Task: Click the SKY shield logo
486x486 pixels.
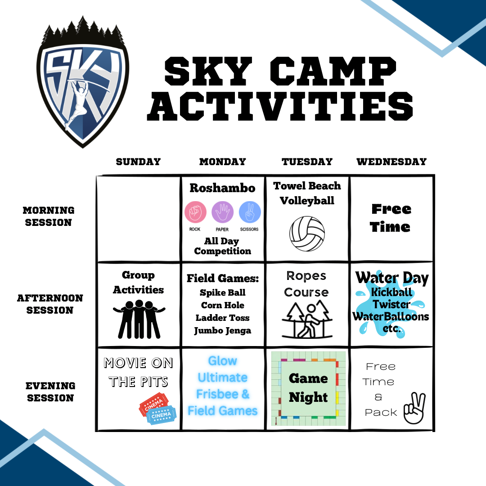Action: click(82, 82)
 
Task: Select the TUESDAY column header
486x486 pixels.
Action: click(307, 162)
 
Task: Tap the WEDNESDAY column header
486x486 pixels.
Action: click(391, 162)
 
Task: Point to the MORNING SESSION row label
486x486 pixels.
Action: click(49, 216)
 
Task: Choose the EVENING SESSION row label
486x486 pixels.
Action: click(50, 392)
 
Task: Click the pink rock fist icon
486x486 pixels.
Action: click(195, 212)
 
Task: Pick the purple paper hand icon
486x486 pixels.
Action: click(223, 212)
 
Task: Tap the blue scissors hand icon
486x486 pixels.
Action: click(250, 212)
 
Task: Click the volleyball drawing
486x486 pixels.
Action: click(307, 234)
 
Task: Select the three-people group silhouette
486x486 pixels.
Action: click(139, 319)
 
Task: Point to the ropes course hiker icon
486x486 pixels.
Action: click(307, 320)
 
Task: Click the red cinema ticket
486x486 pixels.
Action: click(153, 404)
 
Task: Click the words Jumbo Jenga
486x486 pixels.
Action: click(223, 331)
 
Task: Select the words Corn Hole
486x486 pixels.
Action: click(223, 305)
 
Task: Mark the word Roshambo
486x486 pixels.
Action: click(223, 188)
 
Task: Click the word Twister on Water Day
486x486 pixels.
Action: click(391, 304)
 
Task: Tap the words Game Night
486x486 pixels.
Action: click(308, 387)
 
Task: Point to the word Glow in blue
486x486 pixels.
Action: click(223, 361)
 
